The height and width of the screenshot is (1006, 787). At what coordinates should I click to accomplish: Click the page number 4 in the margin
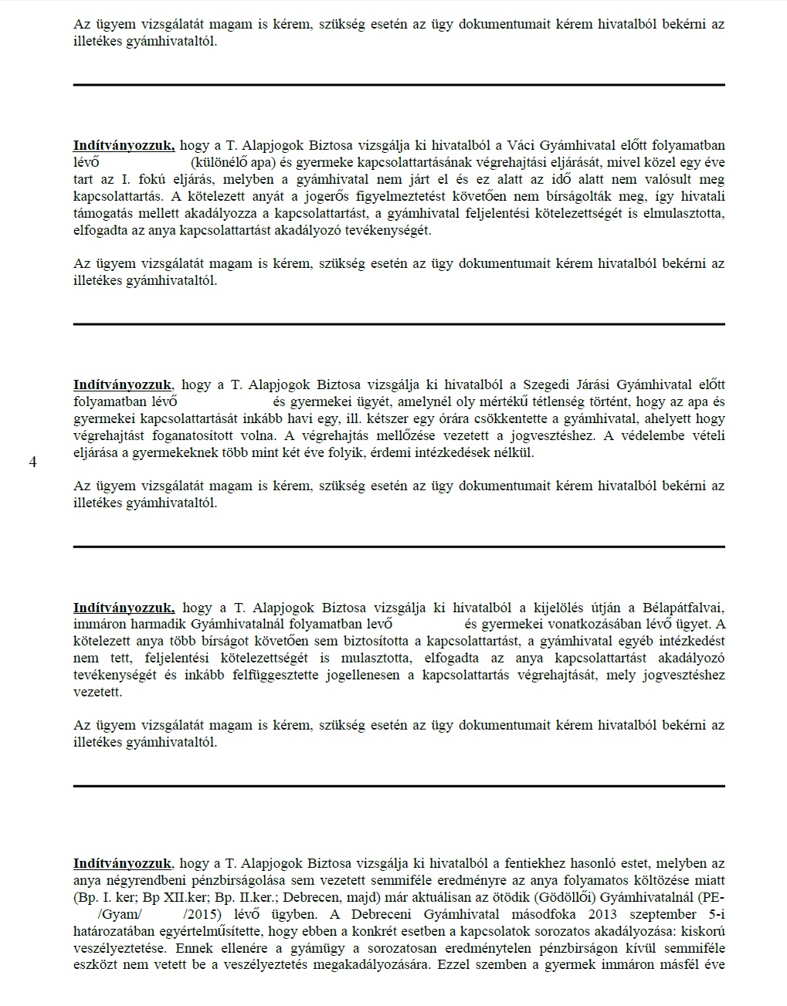[x=32, y=462]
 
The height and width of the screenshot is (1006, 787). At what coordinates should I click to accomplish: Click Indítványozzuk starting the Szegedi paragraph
[x=122, y=384]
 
